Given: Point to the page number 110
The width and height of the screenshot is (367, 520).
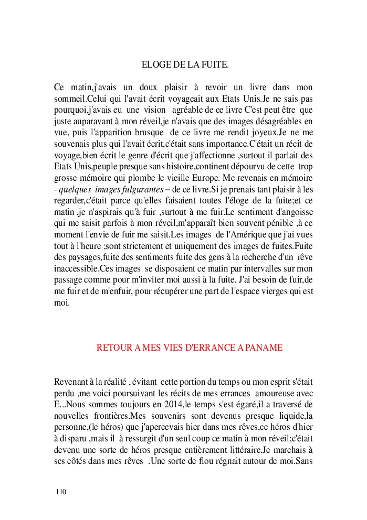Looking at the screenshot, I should tap(61, 492).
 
